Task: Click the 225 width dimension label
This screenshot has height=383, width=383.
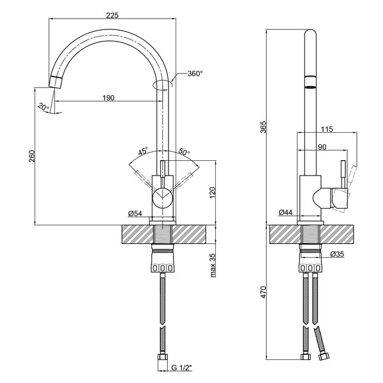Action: click(x=112, y=15)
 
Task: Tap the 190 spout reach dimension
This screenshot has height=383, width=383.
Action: click(x=109, y=98)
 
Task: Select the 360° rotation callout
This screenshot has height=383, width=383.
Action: click(x=195, y=73)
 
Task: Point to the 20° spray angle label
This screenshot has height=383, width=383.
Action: click(x=43, y=107)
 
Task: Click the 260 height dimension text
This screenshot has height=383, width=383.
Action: click(x=32, y=156)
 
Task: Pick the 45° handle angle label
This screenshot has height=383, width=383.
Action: click(x=143, y=151)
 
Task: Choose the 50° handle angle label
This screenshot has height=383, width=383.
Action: click(x=184, y=151)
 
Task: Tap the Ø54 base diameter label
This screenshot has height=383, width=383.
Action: click(x=135, y=213)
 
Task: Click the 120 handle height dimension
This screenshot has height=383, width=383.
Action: click(x=213, y=193)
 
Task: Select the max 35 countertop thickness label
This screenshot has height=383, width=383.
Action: click(x=213, y=265)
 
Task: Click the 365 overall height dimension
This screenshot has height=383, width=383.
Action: click(x=264, y=127)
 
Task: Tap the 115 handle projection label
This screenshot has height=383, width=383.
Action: click(x=327, y=129)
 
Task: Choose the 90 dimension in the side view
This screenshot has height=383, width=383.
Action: click(x=322, y=147)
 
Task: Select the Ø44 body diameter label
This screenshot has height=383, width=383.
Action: click(x=285, y=213)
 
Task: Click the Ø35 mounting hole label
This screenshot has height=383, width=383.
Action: click(x=337, y=254)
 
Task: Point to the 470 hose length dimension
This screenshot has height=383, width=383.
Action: click(x=264, y=292)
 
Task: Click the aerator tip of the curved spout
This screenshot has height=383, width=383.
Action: click(x=55, y=82)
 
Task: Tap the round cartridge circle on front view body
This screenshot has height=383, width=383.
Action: click(x=163, y=198)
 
